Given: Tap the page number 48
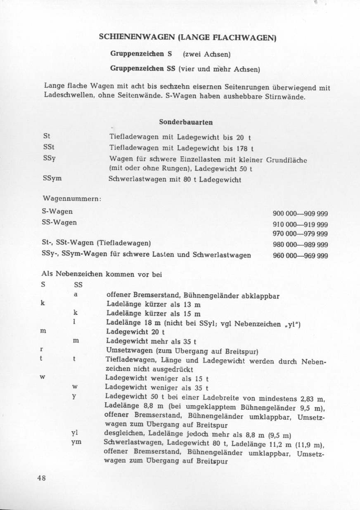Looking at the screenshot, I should click(41, 478).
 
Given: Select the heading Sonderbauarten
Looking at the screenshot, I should click(186, 122).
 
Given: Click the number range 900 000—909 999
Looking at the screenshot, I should click(301, 214).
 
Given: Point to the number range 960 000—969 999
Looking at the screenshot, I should click(301, 256).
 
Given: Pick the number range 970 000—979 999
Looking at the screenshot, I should click(301, 234).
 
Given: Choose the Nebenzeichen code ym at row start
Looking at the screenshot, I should click(76, 442).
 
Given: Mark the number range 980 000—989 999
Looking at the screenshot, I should click(301, 245).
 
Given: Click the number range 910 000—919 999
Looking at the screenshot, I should click(301, 225).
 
